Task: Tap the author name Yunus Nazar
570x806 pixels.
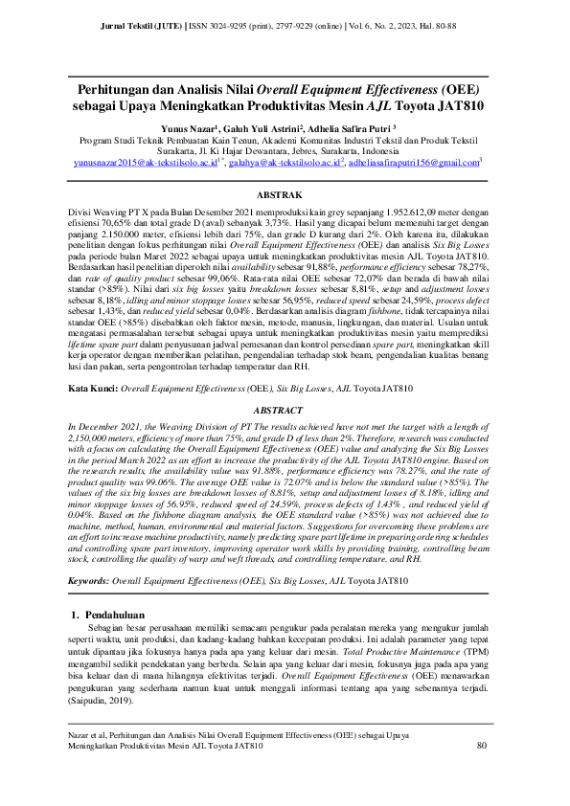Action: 187,127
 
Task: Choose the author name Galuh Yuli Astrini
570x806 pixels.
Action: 272,127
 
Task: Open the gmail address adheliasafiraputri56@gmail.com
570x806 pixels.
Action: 413,164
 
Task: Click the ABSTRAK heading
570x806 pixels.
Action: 285,192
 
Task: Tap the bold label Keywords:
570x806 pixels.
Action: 94,553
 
